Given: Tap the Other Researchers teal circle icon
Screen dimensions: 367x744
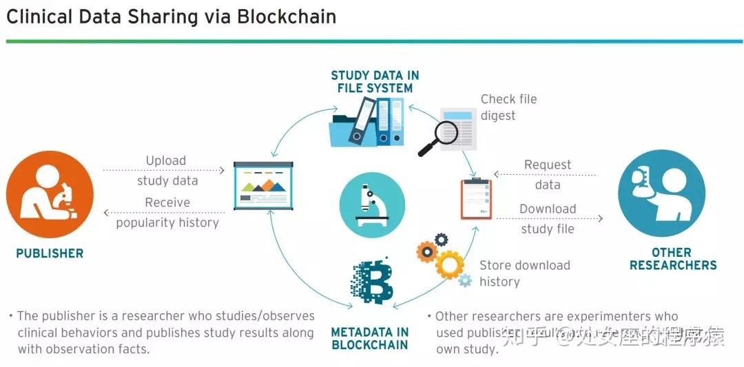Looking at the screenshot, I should coord(661,194).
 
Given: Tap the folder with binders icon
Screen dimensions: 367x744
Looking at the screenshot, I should coord(367,121).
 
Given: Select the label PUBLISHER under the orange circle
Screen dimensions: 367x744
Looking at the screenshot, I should coord(50,253).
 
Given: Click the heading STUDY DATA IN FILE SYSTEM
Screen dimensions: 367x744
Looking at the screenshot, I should coord(375,82).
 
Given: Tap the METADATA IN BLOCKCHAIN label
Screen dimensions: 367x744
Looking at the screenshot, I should coord(370,338).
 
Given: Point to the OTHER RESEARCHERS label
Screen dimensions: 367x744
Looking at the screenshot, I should coord(673,259).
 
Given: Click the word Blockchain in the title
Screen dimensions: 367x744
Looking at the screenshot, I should coord(287,17).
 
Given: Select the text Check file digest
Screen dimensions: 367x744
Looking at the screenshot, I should coord(508,107).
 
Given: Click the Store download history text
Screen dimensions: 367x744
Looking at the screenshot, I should coord(524,273).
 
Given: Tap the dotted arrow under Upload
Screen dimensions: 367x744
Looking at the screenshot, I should coord(165,169).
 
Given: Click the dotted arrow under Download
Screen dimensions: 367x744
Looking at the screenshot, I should coord(549,219).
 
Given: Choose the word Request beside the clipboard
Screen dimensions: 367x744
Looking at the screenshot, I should coord(548,165).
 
